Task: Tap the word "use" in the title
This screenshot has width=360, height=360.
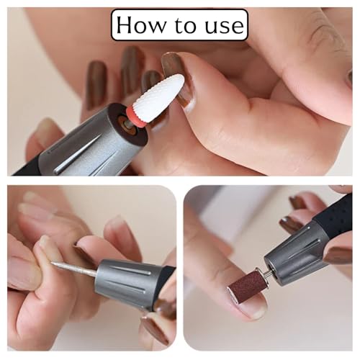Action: [225, 26]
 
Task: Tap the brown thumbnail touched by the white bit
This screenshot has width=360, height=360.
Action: [176, 79]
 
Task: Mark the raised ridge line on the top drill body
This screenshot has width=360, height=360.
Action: [78, 153]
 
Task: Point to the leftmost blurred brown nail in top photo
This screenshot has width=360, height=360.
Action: [95, 84]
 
